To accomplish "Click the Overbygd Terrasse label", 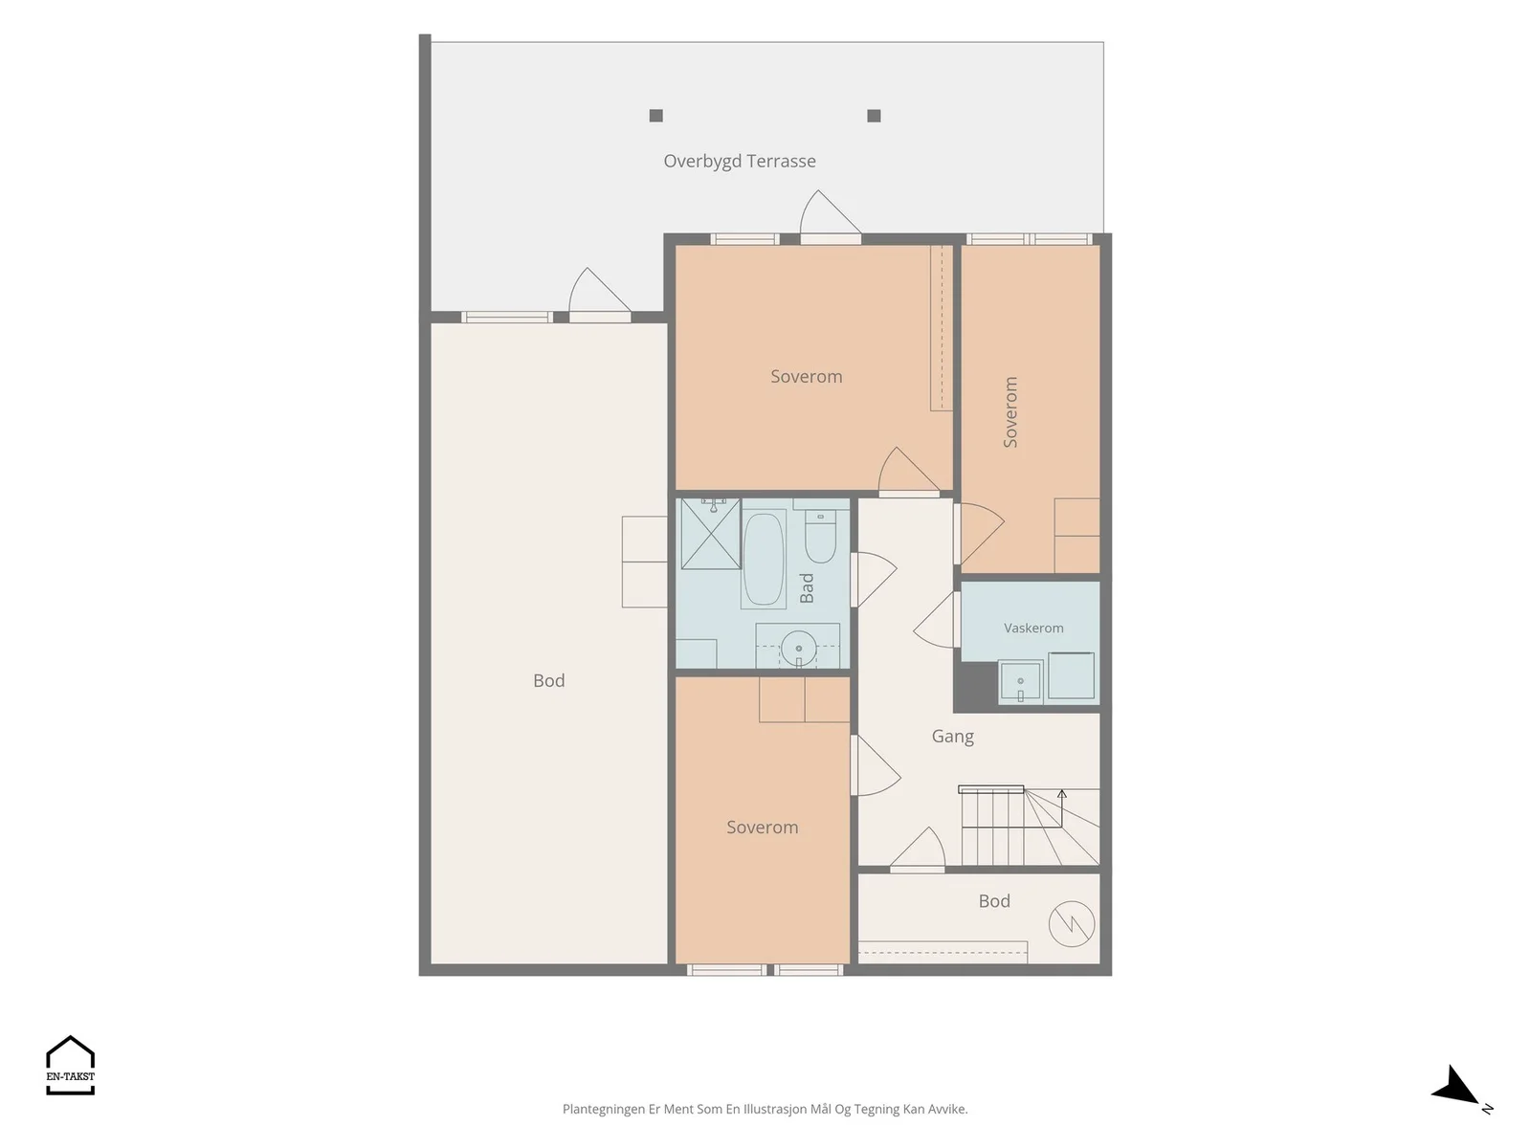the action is [740, 161].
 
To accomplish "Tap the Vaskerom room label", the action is [1033, 628].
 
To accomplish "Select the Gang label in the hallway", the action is [952, 737].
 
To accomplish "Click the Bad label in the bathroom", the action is [807, 587].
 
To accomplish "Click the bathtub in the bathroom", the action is [763, 559].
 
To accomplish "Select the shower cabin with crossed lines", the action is [711, 533].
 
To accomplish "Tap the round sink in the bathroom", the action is [798, 649].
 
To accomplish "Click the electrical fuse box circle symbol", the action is [1072, 924].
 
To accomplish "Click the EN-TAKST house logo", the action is [71, 1065].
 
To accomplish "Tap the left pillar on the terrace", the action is [655, 116].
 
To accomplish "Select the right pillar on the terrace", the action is [874, 116].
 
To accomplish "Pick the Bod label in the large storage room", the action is [549, 681].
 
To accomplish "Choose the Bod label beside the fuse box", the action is [994, 901].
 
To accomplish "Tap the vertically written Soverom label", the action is [1010, 412].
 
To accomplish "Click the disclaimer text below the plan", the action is [765, 1109].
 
